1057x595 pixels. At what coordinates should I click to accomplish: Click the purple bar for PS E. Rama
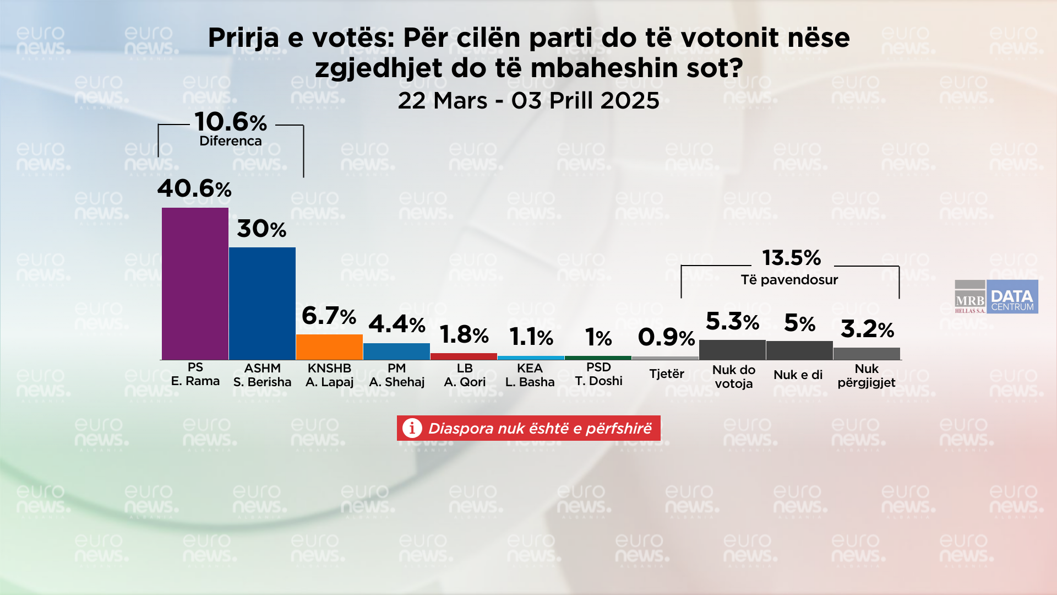click(195, 284)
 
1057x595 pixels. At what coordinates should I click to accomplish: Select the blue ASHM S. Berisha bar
click(262, 304)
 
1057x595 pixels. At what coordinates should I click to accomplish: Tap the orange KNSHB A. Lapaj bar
click(329, 347)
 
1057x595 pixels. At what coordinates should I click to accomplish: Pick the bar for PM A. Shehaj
click(396, 351)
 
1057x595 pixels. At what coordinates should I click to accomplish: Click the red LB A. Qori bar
click(464, 356)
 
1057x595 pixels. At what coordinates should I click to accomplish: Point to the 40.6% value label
click(194, 189)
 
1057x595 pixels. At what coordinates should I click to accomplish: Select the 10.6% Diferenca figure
click(231, 122)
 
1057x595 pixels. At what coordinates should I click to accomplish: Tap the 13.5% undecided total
click(791, 258)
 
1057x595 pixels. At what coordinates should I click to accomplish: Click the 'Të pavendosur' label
click(789, 280)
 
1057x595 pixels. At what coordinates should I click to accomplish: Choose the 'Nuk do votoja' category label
click(733, 377)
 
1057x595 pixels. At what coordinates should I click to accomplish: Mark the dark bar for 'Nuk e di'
click(799, 350)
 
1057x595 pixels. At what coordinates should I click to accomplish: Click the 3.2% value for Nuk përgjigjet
click(867, 329)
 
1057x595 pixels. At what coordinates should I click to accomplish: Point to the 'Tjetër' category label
click(666, 374)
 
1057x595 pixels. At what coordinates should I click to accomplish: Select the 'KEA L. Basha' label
click(530, 375)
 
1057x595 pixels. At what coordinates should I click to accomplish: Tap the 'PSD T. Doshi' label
click(598, 374)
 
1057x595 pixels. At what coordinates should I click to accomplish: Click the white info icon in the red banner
click(412, 428)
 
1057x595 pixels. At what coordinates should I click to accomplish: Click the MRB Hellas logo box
click(970, 297)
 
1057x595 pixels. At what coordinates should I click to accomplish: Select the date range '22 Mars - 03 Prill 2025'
click(528, 101)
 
